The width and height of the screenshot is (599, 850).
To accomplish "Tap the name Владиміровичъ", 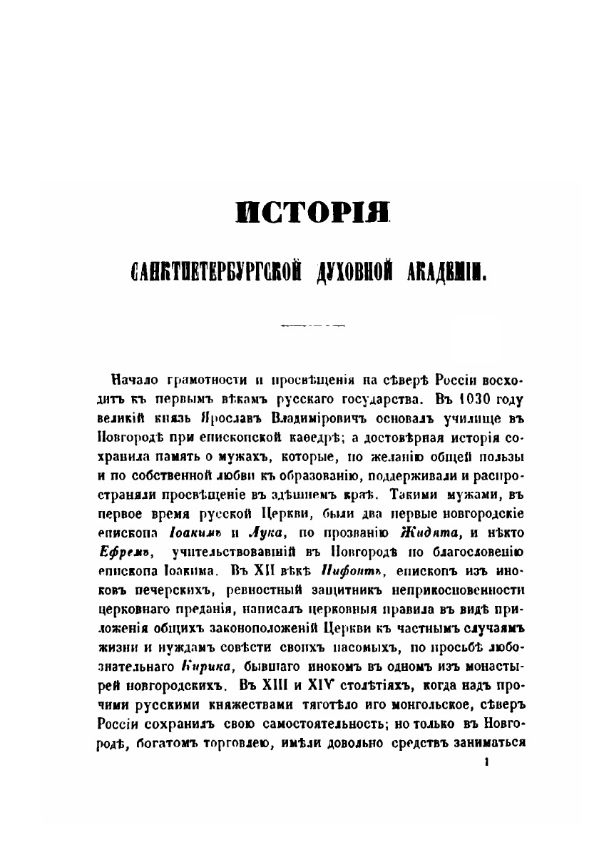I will coord(295,413).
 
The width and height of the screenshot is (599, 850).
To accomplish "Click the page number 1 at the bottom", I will coord(486,763).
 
